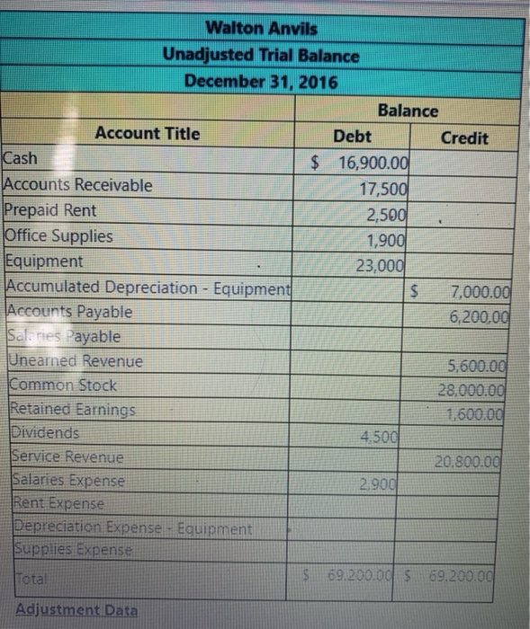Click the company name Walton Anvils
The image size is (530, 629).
tap(261, 29)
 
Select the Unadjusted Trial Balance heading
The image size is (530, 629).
tap(261, 55)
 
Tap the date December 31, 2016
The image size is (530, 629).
tap(261, 81)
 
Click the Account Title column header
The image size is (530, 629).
tap(148, 134)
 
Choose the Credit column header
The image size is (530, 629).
tap(464, 137)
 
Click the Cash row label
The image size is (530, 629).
tap(21, 159)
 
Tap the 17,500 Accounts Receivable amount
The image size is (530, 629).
tap(383, 190)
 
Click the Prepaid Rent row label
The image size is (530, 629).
tap(50, 210)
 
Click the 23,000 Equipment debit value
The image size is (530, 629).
tap(382, 265)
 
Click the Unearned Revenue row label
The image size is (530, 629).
tap(75, 361)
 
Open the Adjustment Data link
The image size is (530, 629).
tap(76, 611)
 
